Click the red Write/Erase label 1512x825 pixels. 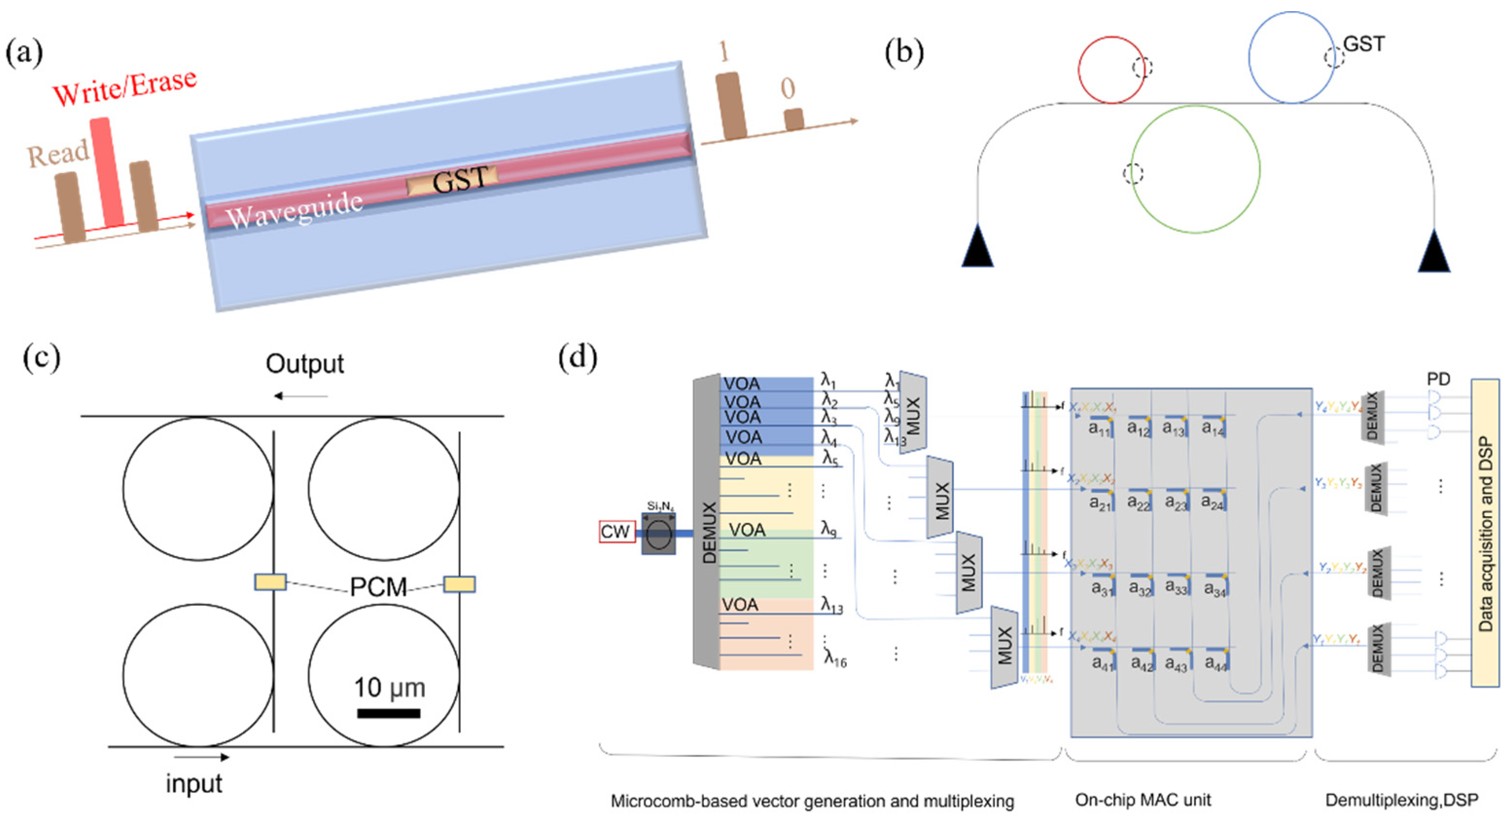coord(124,87)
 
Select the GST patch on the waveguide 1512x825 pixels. coord(453,180)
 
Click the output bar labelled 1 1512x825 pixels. coord(731,106)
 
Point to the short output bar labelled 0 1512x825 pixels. coord(793,119)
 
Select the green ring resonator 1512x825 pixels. coord(1195,169)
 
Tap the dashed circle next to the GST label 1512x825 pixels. coord(1334,57)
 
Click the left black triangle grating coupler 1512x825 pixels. coord(977,246)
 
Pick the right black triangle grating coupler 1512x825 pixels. coord(1434,251)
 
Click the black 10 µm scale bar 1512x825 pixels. coord(388,714)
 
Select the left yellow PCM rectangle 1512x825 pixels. coord(270,582)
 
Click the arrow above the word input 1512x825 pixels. coord(201,757)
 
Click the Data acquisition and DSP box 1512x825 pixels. coord(1484,533)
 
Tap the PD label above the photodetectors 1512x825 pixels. coord(1438,379)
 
